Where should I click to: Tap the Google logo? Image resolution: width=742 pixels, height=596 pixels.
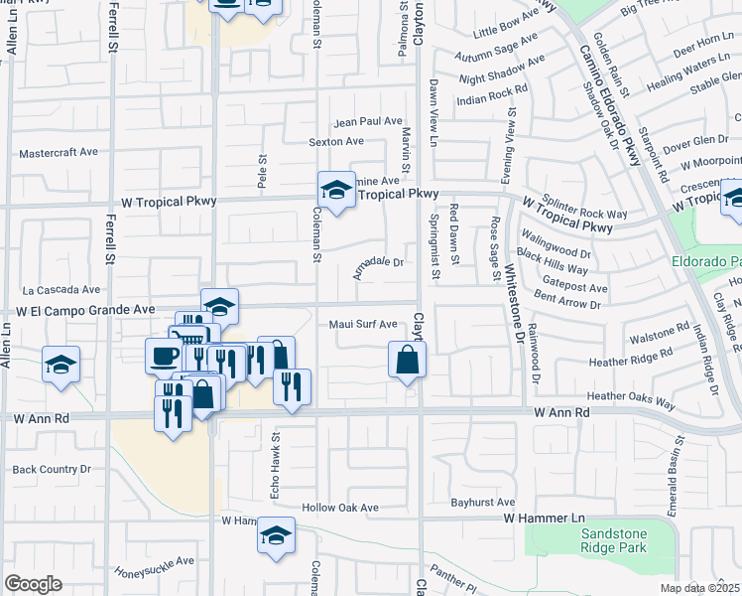(33, 584)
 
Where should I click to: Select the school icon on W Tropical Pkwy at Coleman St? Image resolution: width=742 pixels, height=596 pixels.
(337, 191)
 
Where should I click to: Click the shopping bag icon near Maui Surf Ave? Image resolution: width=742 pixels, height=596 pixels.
(408, 361)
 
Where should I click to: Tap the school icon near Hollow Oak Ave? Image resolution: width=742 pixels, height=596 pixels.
(276, 536)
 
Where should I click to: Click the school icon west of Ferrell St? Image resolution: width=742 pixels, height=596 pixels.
(62, 366)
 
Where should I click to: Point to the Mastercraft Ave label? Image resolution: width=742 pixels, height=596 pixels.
(60, 153)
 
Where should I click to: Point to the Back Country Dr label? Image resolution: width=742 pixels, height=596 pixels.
(52, 469)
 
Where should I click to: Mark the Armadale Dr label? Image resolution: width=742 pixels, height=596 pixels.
(379, 263)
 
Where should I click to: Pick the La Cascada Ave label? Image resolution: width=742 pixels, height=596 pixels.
(62, 290)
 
